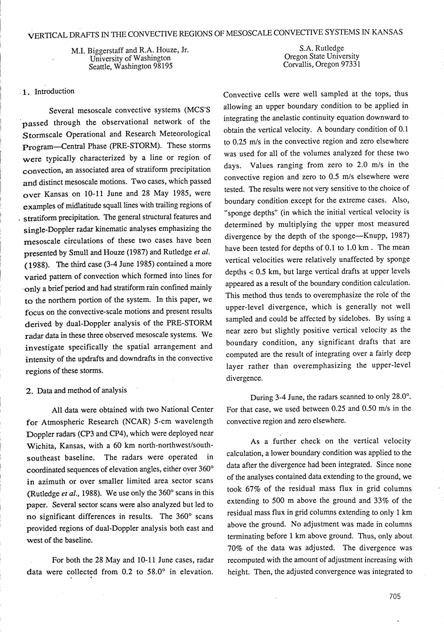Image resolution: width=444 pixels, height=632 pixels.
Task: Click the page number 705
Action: (395, 596)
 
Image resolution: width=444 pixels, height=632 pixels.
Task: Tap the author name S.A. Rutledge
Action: (322, 48)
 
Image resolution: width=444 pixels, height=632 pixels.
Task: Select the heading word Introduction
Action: (54, 91)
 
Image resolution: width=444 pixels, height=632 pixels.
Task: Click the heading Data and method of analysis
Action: (82, 390)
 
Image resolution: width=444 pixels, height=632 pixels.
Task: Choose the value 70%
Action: (235, 548)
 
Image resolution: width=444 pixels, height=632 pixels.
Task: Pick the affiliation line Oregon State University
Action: (322, 56)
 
